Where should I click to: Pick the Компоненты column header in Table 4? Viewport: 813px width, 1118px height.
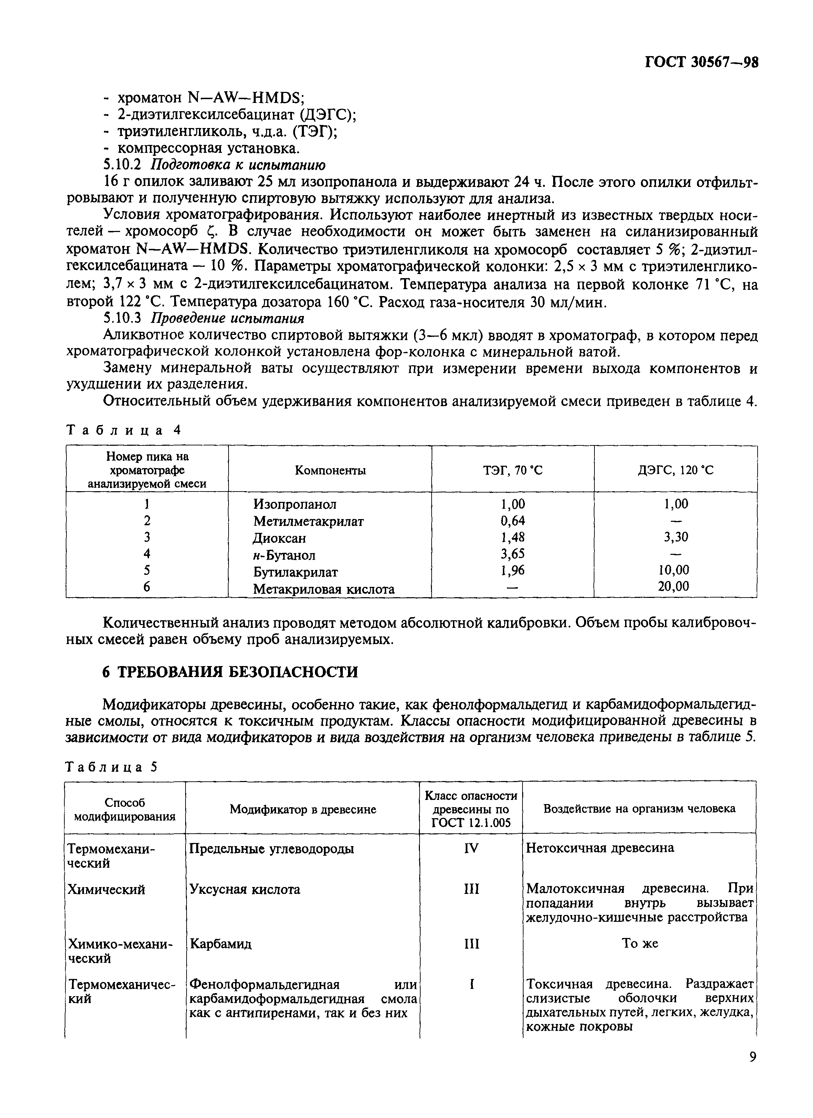[330, 470]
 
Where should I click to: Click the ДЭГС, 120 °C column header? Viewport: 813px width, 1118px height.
[675, 470]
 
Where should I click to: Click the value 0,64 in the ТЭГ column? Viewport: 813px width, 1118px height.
[513, 520]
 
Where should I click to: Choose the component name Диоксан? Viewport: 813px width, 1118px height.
[279, 538]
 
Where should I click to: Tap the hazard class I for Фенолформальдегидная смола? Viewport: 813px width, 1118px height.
[472, 984]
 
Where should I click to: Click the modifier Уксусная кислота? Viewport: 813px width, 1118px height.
[245, 889]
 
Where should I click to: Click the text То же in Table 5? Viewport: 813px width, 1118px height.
[640, 943]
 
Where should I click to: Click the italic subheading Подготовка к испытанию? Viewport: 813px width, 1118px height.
[237, 164]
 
